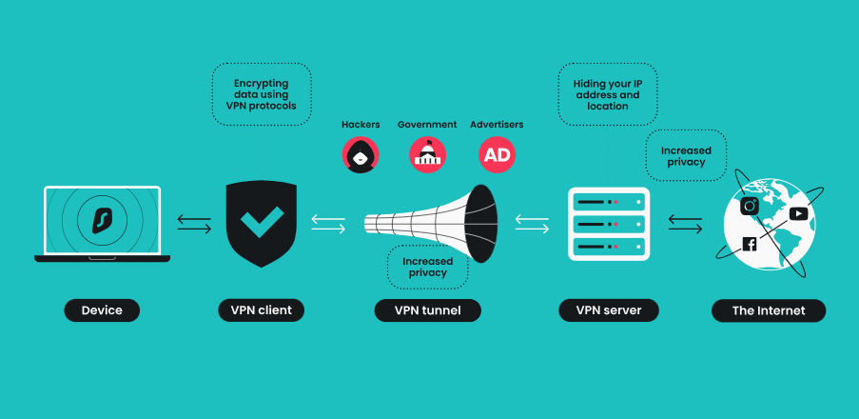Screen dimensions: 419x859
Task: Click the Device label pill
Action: pos(102,309)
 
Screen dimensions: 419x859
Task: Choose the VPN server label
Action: pos(609,309)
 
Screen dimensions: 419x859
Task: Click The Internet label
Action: pos(769,309)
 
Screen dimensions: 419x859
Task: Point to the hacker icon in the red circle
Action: pos(361,154)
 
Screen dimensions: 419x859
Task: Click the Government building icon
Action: pos(427,154)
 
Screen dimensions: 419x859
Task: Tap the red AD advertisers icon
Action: pos(497,154)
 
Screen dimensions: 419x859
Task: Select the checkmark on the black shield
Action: pos(261,223)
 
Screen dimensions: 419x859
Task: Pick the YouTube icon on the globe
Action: pos(798,213)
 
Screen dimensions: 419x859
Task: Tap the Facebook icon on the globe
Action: pos(750,245)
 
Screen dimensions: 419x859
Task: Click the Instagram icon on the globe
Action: pos(750,206)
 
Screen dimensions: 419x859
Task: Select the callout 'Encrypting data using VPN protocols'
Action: pos(261,94)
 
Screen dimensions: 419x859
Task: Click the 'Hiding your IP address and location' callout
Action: pos(607,94)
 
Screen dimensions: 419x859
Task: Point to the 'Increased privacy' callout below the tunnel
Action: pos(428,267)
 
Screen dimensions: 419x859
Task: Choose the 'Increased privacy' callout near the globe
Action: pos(685,156)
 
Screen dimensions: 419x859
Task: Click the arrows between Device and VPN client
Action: pos(195,223)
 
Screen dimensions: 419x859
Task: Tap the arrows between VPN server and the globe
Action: pos(685,223)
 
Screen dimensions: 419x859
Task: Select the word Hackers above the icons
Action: pos(361,125)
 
